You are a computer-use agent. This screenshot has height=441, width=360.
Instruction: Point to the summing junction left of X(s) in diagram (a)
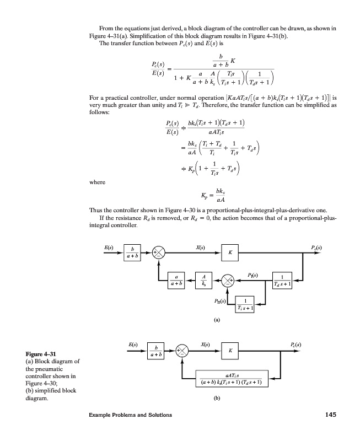[159, 253]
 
